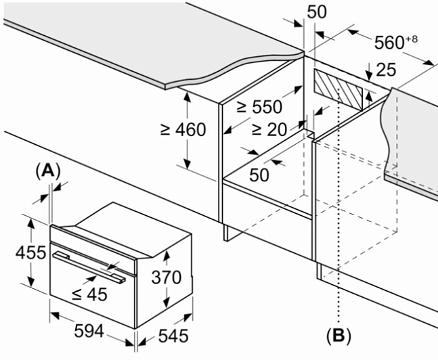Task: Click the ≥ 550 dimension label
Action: pyautogui.click(x=259, y=108)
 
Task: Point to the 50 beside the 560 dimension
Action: pyautogui.click(x=317, y=12)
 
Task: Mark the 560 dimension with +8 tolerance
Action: pyautogui.click(x=395, y=43)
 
